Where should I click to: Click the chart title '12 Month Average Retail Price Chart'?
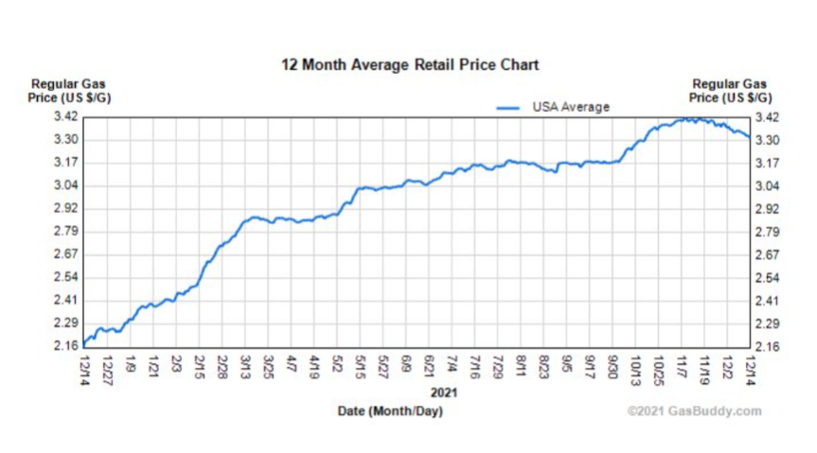coord(410,65)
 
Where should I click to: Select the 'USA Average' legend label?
coord(570,107)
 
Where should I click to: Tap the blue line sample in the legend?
coord(509,108)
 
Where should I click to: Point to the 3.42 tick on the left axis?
coord(66,117)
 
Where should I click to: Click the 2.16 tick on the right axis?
coord(765,347)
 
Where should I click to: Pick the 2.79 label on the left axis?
coord(66,232)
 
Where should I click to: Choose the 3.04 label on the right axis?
coord(765,185)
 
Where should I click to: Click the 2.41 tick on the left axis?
coord(66,301)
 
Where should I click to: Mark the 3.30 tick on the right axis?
coord(765,140)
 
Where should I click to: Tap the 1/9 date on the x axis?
coord(131,364)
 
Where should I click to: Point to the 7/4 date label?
coord(452,364)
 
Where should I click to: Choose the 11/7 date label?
coord(682,365)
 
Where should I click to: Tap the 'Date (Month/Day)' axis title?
coord(390,411)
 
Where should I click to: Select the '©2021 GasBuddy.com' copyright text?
coord(694,411)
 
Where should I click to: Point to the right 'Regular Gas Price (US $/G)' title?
coord(731,91)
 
